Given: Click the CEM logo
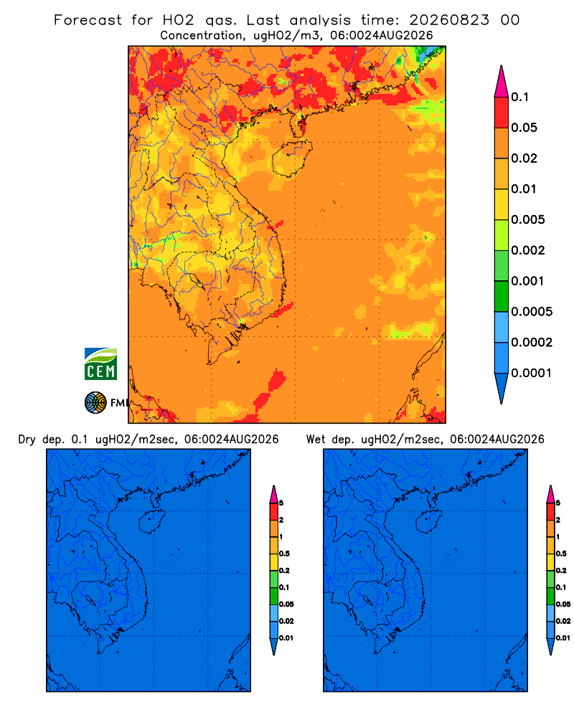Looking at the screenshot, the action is pyautogui.click(x=100, y=364).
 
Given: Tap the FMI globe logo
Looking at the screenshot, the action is pyautogui.click(x=95, y=402).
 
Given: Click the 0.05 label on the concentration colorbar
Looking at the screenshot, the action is pyautogui.click(x=524, y=128).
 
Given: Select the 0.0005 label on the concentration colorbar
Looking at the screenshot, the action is pyautogui.click(x=532, y=311).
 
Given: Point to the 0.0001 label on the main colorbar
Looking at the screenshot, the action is pyautogui.click(x=532, y=373).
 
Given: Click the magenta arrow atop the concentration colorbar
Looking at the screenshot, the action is pyautogui.click(x=502, y=81).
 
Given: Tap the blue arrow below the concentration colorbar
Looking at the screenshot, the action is pyautogui.click(x=502, y=388).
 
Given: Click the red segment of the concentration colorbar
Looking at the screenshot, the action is pyautogui.click(x=502, y=112).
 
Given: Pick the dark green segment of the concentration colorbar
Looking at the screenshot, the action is pyautogui.click(x=502, y=296).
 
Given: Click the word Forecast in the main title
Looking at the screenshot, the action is pyautogui.click(x=88, y=20).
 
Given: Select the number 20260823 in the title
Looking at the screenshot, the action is pyautogui.click(x=449, y=20).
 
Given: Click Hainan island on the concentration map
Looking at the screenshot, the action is pyautogui.click(x=291, y=158).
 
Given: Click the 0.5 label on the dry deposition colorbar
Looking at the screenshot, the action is pyautogui.click(x=284, y=554).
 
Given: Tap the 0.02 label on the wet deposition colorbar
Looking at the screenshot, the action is pyautogui.click(x=563, y=621).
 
